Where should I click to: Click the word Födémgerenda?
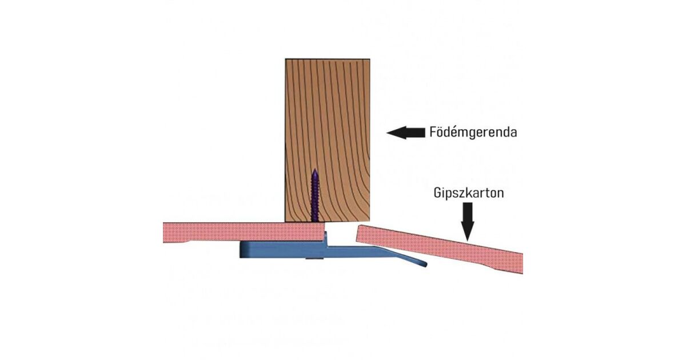tap(473, 133)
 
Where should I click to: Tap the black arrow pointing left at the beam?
tap(405, 133)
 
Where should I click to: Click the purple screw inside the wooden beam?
tap(314, 197)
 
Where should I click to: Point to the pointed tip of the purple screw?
tap(314, 170)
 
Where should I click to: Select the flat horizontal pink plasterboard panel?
tap(240, 232)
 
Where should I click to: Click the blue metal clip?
tap(286, 250)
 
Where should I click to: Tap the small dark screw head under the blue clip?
tap(313, 259)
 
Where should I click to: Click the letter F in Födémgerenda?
tap(432, 133)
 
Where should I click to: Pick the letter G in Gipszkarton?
tap(436, 193)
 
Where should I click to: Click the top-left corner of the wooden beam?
tap(286, 59)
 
